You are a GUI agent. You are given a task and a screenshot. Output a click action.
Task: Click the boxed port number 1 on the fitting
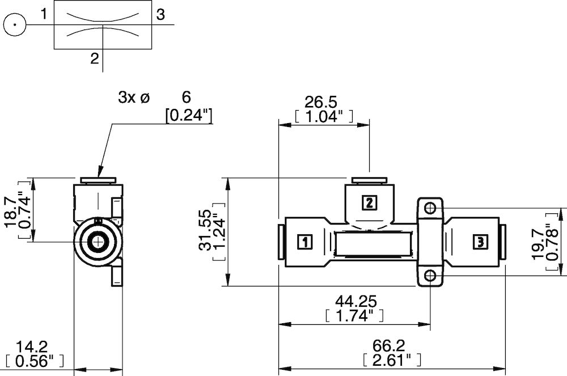(304, 242)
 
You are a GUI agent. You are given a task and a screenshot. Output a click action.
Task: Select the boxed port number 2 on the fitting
(369, 203)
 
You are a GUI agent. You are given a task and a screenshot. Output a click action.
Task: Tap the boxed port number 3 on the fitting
(480, 242)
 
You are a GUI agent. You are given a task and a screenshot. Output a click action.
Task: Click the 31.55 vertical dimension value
(205, 230)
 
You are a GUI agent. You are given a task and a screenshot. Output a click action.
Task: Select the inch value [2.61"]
(391, 360)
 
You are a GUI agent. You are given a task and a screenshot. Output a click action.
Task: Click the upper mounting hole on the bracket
(430, 208)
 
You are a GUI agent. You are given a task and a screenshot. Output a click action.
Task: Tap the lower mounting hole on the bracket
(430, 276)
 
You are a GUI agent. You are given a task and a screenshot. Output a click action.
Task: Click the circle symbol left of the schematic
(15, 25)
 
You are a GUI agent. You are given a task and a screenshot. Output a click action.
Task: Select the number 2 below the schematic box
(95, 58)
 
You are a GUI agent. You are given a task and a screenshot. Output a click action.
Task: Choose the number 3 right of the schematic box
(161, 15)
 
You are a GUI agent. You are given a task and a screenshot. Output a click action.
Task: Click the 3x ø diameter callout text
(133, 98)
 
